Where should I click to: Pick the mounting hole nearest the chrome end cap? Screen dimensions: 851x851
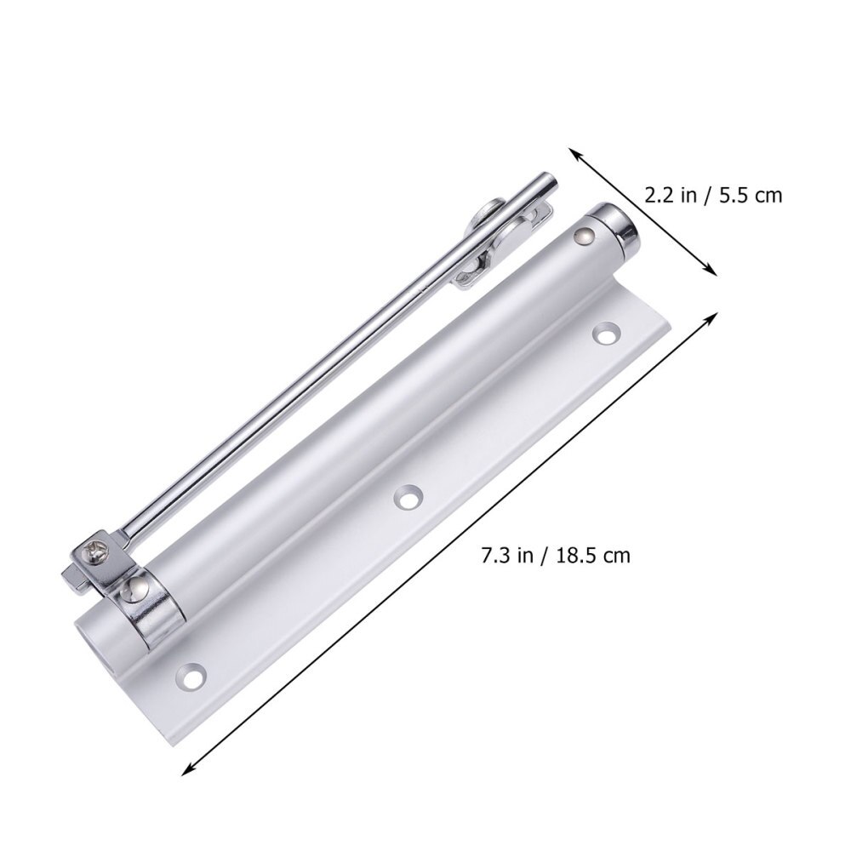[x=606, y=333]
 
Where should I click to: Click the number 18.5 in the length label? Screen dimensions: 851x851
[x=579, y=557]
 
